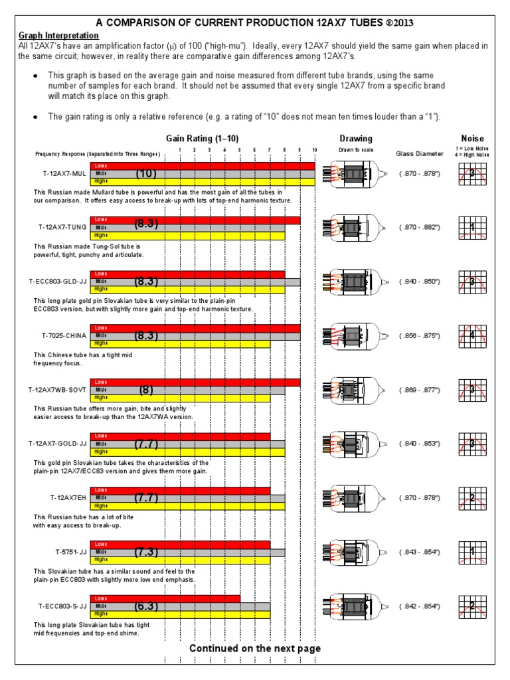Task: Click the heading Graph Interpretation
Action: click(x=58, y=35)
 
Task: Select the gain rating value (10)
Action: click(x=145, y=173)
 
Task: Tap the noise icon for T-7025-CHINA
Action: click(x=472, y=336)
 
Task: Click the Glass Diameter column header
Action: click(x=419, y=153)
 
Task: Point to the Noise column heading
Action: click(x=472, y=139)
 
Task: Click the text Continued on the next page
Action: click(x=255, y=648)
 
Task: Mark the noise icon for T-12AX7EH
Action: click(x=472, y=498)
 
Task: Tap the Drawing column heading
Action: click(x=356, y=139)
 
